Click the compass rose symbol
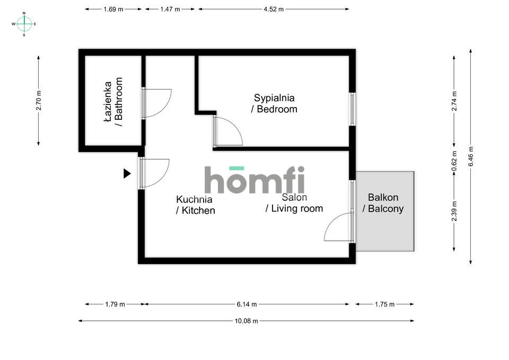[24, 24]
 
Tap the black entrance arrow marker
[127, 174]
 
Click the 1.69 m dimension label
[113, 10]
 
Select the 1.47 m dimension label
[170, 10]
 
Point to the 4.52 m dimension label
[274, 10]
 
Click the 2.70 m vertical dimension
[39, 100]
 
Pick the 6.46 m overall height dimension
[471, 156]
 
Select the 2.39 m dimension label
[454, 212]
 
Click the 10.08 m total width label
[247, 321]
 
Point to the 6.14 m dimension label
[247, 304]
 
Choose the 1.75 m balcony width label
[385, 304]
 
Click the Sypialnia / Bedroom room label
[274, 103]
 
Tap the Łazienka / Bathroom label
[113, 102]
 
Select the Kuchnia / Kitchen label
[196, 205]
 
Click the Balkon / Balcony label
[383, 203]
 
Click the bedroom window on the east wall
[352, 109]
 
